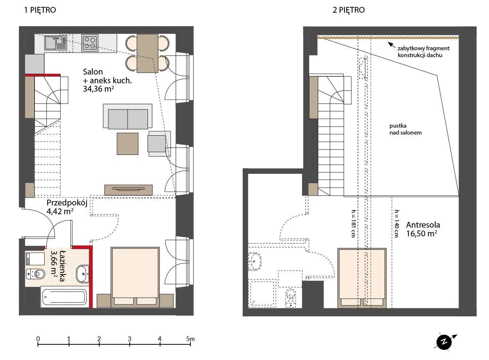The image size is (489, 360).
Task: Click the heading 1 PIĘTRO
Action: coord(40,10)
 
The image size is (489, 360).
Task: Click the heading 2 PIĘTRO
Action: coord(349,10)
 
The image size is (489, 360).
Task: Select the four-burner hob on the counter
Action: coord(90,43)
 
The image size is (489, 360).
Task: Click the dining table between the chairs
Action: coord(147,53)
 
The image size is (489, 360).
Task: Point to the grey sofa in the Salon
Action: coord(128,116)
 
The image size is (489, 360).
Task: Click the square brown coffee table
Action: coord(128,144)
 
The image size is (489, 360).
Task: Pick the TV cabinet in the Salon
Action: coord(128,190)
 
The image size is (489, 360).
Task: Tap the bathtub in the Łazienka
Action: coord(64,297)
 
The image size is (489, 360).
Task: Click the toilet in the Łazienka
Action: coord(36,274)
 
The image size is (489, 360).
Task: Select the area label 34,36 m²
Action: coord(98,89)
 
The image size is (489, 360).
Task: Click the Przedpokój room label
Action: coord(67,203)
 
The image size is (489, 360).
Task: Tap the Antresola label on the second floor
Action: coord(423,225)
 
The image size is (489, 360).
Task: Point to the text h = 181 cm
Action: coord(353,224)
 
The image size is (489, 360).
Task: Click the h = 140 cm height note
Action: coord(397,224)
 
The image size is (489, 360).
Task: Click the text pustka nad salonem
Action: coord(405,129)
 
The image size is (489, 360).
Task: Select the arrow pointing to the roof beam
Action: coord(391,45)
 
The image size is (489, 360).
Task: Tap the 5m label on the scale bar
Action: coord(190,339)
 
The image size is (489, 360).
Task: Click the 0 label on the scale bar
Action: coord(38,339)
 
